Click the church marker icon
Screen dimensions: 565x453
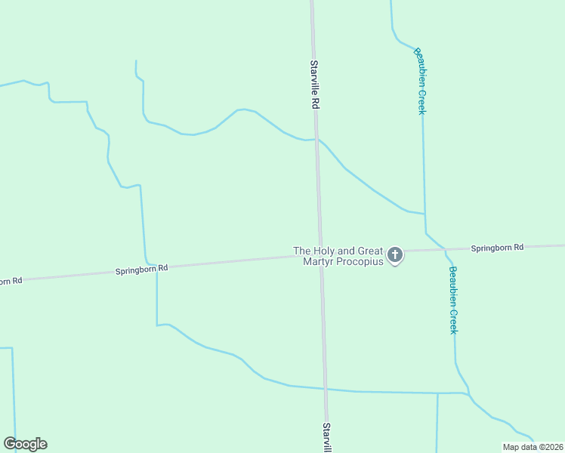(395, 255)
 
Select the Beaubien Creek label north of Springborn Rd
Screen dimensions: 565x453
(421, 82)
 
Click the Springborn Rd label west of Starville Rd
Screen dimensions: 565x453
(141, 268)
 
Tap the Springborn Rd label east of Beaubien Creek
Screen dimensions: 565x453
(497, 248)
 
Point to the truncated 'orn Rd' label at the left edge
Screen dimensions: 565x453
(11, 281)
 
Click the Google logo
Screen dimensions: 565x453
(25, 444)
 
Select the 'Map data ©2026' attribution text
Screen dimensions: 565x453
(532, 447)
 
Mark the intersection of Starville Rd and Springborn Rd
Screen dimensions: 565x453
(320, 255)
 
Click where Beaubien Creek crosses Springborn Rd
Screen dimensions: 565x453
(445, 249)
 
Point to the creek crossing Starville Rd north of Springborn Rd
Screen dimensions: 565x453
(316, 140)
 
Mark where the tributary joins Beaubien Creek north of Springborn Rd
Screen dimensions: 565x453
(424, 214)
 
